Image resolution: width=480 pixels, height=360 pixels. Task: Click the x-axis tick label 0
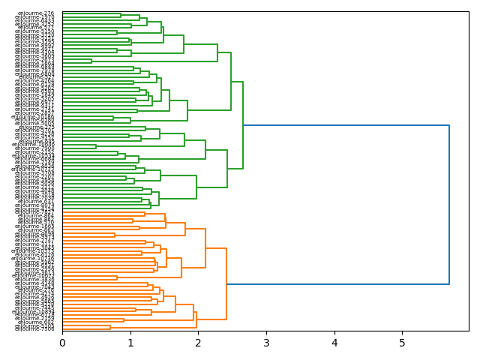coord(62,343)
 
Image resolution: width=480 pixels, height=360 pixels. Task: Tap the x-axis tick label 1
coord(130,343)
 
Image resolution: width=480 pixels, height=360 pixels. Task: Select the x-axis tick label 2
coord(198,343)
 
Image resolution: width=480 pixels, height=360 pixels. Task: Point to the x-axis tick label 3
coord(266,343)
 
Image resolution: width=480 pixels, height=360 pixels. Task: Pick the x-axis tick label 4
coord(334,343)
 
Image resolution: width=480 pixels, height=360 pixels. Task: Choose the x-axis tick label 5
coord(402,343)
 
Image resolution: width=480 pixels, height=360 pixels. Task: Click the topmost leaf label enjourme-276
coord(34,13)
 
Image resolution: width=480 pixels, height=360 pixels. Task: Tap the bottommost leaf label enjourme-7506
coord(34,328)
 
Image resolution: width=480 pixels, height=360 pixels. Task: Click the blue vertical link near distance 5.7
coord(449,205)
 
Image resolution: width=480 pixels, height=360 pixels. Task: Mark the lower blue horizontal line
coord(337,284)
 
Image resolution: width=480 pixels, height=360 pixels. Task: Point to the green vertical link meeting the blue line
coord(243,125)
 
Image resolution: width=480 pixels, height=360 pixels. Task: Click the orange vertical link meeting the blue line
coord(226,284)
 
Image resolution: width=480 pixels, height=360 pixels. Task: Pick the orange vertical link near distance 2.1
coord(205,248)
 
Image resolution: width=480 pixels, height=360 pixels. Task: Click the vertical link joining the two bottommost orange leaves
coord(110,327)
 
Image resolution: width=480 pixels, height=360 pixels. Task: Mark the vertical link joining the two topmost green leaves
coord(121,15)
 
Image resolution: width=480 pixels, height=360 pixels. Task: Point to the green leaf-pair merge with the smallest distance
coord(91,61)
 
